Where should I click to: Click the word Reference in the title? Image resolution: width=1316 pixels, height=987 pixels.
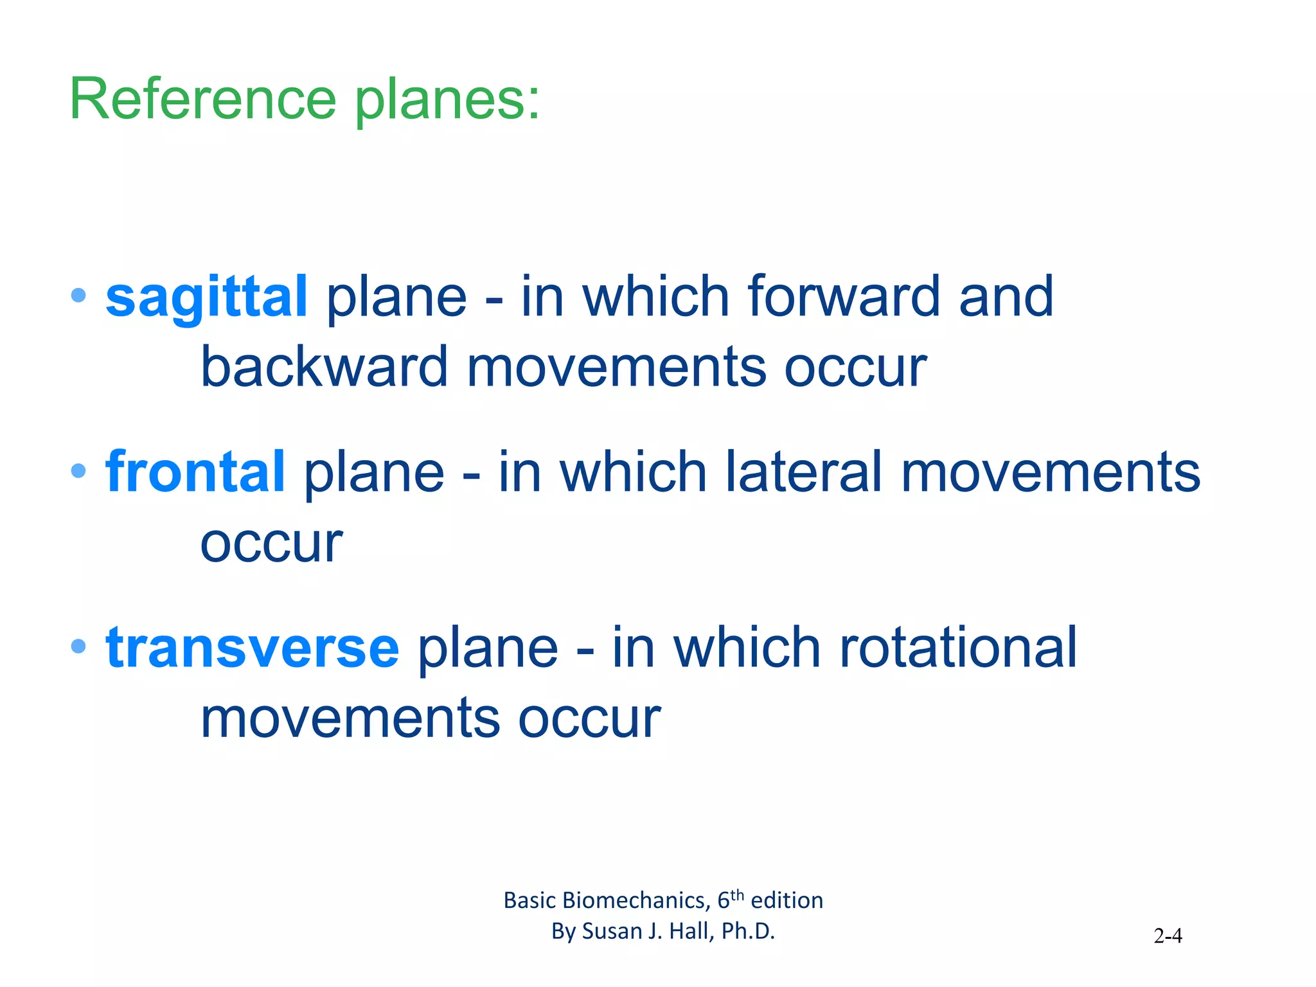point(202,100)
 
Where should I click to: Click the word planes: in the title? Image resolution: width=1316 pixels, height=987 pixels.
point(448,102)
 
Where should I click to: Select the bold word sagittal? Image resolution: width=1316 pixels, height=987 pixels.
point(206,297)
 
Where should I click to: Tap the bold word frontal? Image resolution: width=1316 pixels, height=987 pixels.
point(195,472)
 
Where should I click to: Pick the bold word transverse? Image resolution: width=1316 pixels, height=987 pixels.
point(253,648)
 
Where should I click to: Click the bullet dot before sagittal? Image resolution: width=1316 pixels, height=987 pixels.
point(78,296)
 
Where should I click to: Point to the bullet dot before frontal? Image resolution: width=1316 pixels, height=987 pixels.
point(78,471)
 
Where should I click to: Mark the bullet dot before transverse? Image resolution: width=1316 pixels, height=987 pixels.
point(78,646)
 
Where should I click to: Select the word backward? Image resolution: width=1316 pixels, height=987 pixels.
point(324,368)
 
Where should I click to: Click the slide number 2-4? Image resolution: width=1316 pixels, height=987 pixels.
point(1168,936)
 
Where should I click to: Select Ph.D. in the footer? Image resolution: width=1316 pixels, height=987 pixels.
point(748,931)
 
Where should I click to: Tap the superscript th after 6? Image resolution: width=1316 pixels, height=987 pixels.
point(737,894)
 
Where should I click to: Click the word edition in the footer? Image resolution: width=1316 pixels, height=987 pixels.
point(787,901)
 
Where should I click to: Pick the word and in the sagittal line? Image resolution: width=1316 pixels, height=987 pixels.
point(1006,297)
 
